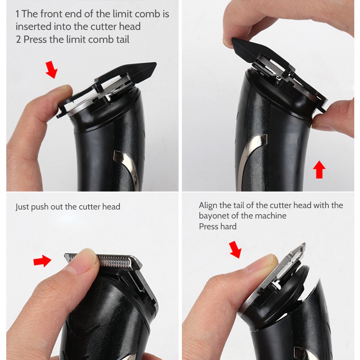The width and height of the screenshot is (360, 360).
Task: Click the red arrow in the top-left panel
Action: (51, 70)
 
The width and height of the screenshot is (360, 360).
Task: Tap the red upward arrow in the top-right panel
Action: (319, 170)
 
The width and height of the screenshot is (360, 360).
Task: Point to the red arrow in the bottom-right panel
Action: (235, 249)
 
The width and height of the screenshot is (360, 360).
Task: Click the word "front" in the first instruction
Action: (51, 14)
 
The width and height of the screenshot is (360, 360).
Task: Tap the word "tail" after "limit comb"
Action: (123, 40)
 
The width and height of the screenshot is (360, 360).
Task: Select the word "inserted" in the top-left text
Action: (33, 27)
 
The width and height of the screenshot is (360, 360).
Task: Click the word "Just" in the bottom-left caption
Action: (22, 207)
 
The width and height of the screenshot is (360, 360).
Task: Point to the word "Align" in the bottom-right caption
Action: (208, 205)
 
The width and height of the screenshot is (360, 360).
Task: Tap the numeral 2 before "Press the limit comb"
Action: (18, 40)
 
